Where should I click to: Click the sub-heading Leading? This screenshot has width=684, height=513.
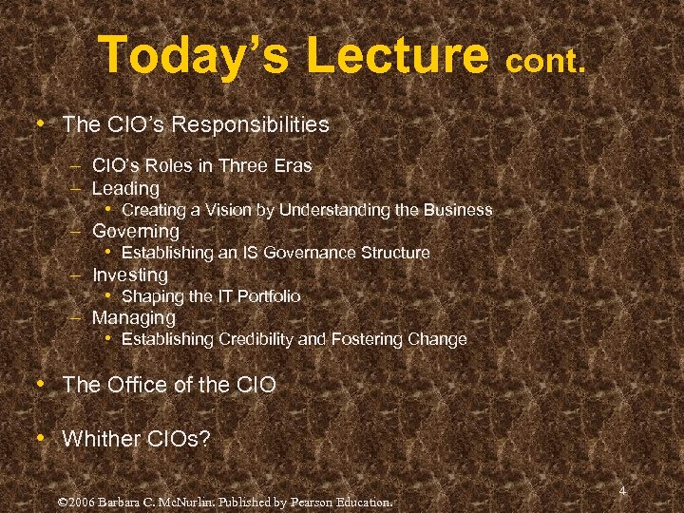(x=125, y=188)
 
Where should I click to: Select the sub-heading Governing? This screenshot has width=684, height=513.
(x=135, y=231)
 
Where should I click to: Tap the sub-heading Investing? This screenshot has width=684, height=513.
(x=129, y=275)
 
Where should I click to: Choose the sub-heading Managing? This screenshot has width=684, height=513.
(x=133, y=317)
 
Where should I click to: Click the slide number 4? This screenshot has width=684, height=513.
(x=622, y=491)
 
